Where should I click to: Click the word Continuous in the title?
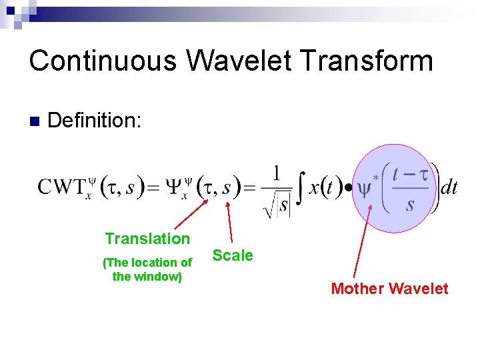click(103, 61)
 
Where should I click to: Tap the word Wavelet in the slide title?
click(237, 61)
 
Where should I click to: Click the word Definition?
click(95, 121)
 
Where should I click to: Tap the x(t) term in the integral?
click(325, 188)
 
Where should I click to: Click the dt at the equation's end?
click(449, 188)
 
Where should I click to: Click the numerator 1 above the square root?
click(276, 172)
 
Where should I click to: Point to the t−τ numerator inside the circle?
click(409, 174)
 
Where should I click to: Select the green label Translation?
click(147, 239)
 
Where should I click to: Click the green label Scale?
click(232, 255)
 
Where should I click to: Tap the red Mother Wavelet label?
click(389, 289)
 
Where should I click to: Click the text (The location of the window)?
click(147, 269)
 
